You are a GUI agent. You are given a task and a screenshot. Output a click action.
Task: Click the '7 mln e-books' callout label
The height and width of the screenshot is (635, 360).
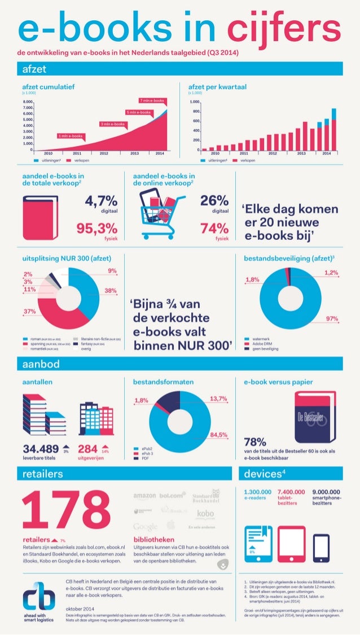pyautogui.click(x=152, y=100)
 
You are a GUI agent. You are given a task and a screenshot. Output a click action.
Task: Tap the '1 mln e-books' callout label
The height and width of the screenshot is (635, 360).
pyautogui.click(x=71, y=136)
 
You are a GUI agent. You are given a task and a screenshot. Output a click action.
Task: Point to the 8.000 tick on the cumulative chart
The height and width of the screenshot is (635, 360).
pyautogui.click(x=28, y=102)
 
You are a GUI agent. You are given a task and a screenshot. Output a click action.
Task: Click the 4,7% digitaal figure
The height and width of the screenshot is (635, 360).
pyautogui.click(x=102, y=202)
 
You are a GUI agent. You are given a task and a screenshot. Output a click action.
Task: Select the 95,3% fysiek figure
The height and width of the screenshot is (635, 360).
pyautogui.click(x=97, y=229)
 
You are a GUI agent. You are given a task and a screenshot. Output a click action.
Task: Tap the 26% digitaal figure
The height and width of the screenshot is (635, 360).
pyautogui.click(x=214, y=202)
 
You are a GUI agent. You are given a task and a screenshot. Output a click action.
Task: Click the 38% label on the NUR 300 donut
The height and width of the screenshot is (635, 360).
pyautogui.click(x=111, y=291)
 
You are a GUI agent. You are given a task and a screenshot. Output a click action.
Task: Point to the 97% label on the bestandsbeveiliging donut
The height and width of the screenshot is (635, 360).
pyautogui.click(x=332, y=319)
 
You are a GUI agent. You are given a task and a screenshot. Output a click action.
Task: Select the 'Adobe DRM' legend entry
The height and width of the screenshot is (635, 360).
pyautogui.click(x=260, y=344)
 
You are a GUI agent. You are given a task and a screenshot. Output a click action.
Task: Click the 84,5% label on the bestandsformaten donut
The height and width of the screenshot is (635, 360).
pyautogui.click(x=218, y=435)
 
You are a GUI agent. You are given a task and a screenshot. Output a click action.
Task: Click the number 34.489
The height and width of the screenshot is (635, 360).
pyautogui.click(x=41, y=449)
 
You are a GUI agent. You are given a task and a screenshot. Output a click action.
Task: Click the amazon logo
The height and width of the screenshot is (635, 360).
pyautogui.click(x=144, y=496)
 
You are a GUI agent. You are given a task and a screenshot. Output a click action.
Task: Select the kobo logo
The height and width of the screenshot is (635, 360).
pyautogui.click(x=205, y=513)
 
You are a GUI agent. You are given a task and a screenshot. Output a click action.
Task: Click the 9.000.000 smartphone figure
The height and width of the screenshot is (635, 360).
pyautogui.click(x=330, y=492)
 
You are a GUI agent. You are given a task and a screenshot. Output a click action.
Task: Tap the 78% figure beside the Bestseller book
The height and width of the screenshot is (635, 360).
pyautogui.click(x=255, y=441)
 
